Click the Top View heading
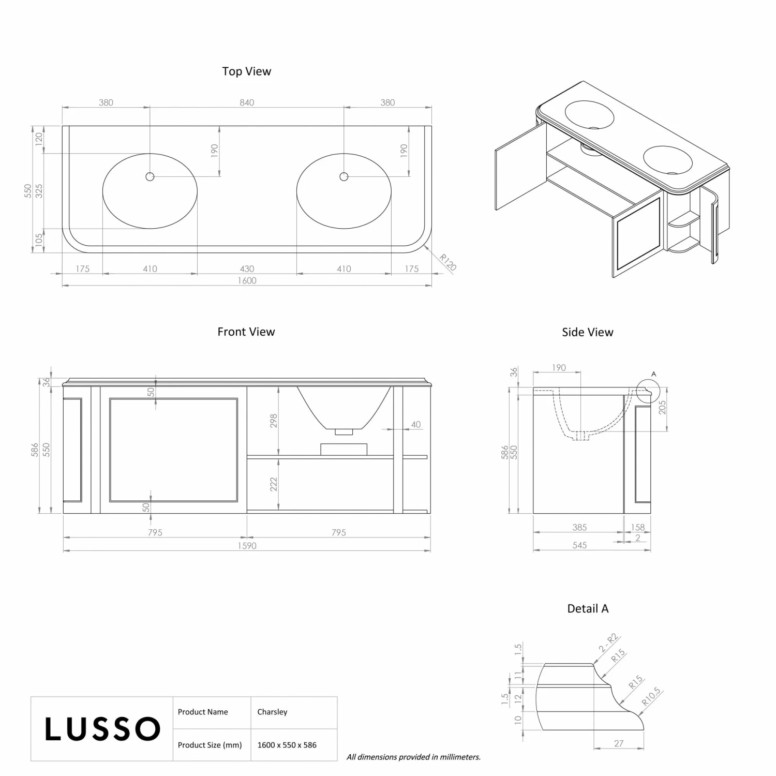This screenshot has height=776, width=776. click(246, 71)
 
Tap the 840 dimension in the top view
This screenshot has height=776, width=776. click(247, 102)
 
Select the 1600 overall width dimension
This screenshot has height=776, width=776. click(247, 280)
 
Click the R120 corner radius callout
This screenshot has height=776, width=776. click(447, 262)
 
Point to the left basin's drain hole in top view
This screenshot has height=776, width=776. click(150, 177)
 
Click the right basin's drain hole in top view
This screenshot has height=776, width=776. click(344, 177)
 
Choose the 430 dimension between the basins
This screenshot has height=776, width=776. click(247, 268)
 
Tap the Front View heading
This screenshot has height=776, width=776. click(246, 332)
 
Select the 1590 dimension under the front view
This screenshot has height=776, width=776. click(247, 546)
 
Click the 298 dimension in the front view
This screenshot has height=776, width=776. click(274, 421)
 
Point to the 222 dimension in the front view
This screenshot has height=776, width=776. click(274, 484)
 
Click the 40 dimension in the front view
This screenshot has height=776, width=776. click(416, 425)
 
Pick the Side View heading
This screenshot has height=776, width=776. click(587, 332)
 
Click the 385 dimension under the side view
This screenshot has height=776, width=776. click(579, 527)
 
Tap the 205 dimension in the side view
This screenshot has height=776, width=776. click(662, 408)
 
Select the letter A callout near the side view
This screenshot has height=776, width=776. click(653, 374)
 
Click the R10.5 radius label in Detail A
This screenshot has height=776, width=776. click(651, 696)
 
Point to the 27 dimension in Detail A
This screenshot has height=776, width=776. click(619, 743)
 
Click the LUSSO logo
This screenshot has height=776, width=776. click(102, 729)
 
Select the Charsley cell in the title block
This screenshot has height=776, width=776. click(272, 712)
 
